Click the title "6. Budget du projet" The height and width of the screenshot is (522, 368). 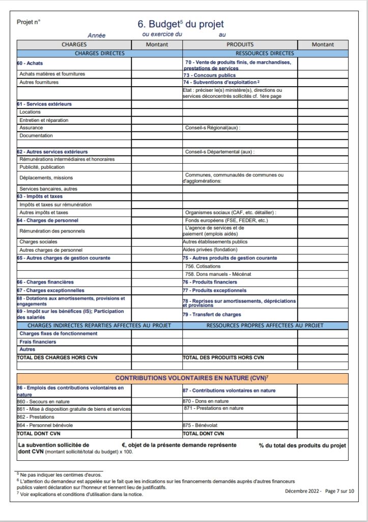(x=181, y=24)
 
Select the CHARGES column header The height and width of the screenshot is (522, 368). (x=74, y=44)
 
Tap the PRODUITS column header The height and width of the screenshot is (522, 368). (x=240, y=44)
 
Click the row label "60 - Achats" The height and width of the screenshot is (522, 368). (x=30, y=63)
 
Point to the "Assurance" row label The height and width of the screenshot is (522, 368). (x=31, y=127)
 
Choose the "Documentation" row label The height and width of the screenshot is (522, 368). (x=36, y=136)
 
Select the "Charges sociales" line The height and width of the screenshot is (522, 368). (x=38, y=242)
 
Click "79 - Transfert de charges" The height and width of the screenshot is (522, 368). (x=212, y=315)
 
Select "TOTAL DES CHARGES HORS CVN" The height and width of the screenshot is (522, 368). (x=57, y=358)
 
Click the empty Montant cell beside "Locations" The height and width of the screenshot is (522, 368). (x=157, y=112)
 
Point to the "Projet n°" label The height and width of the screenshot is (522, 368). (x=29, y=22)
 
